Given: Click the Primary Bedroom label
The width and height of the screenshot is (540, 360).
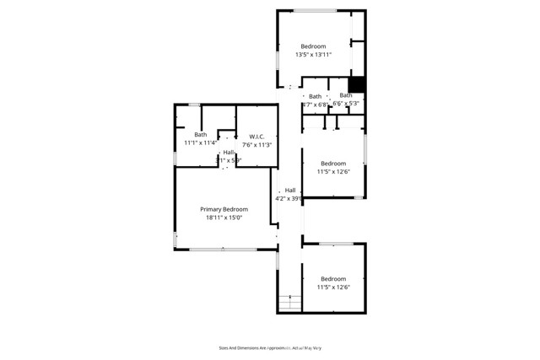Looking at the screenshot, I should pos(224,209).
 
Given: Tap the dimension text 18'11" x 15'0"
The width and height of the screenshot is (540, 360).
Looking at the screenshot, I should pos(224,218).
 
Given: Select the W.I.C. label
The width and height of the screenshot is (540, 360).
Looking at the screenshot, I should pos(257,137).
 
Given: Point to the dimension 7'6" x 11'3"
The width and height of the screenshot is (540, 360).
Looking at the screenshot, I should pos(257,145).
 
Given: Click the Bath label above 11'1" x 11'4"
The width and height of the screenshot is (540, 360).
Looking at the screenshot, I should pos(200,135).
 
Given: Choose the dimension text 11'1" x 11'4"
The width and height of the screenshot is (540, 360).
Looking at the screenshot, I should pos(200,143).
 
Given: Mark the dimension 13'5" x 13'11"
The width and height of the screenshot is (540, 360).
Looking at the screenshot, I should pos(313,55).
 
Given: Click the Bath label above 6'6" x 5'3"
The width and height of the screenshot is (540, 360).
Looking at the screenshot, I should pos(346,95).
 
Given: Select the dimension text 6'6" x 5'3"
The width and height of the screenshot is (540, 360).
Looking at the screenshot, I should pos(346,104).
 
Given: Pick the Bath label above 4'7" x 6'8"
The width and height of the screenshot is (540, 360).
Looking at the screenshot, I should pos(315,96).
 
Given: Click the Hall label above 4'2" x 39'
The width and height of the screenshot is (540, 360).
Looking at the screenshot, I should pos(290,191).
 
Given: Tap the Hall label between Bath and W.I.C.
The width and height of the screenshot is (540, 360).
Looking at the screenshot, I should pos(228,153).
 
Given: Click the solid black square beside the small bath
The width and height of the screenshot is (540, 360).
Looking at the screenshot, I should pos(357,83).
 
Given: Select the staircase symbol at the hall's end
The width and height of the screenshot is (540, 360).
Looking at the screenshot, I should pos(289,303).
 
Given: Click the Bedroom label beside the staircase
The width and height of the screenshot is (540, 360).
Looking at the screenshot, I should pos(333,279).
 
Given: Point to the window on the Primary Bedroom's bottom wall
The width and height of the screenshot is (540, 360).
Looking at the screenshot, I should pos(223,249).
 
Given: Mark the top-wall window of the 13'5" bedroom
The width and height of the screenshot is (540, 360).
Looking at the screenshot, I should pos(315,10).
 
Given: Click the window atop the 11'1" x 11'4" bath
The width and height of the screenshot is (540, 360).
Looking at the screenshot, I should pos(194,105).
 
